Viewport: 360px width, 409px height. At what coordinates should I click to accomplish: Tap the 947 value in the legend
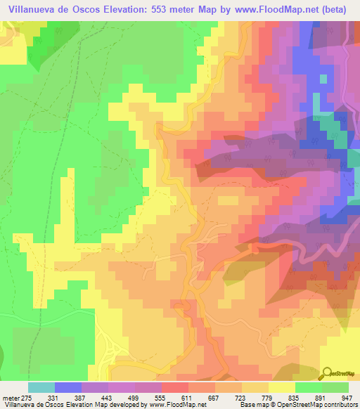coord(346,397)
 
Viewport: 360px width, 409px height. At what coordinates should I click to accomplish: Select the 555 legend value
coord(149,397)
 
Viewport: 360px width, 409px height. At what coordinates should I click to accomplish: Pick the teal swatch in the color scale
coord(41,387)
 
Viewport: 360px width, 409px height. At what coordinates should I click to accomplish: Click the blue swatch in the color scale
coord(68,387)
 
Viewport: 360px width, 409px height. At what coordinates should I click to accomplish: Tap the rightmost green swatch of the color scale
coord(335,387)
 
